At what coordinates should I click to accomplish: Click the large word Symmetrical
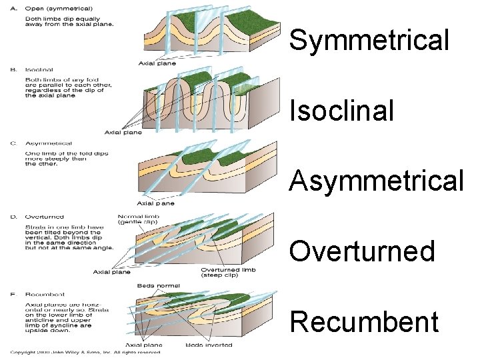coord(369,41)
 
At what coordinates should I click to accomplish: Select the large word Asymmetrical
coord(377,181)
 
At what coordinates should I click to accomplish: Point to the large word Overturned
coord(362,251)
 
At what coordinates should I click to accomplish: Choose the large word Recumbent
coord(365,321)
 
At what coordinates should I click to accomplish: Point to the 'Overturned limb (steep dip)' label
coord(228,273)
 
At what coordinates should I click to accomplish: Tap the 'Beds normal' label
coord(158,285)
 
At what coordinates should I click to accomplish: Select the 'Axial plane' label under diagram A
coord(157,63)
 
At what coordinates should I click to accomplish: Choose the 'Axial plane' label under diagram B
coord(123,132)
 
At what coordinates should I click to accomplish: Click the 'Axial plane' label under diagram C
coord(155,203)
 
